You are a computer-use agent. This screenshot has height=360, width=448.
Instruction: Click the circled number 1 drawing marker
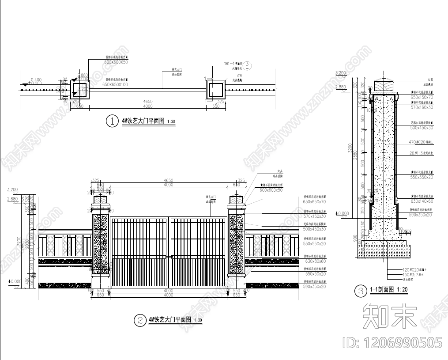(112, 121)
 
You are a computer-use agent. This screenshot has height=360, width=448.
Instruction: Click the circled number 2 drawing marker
(139, 320)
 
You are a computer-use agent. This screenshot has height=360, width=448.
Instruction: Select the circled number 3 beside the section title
(361, 291)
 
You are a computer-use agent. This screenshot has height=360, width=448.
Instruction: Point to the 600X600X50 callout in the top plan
(115, 63)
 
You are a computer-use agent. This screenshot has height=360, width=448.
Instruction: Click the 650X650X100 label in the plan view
(115, 84)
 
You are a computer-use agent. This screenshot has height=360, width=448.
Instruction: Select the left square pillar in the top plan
(80, 90)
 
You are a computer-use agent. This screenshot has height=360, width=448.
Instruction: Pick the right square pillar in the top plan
(215, 90)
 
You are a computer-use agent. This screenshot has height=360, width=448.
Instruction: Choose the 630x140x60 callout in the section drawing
(422, 201)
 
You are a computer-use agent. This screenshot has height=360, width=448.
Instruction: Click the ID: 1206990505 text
(392, 343)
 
